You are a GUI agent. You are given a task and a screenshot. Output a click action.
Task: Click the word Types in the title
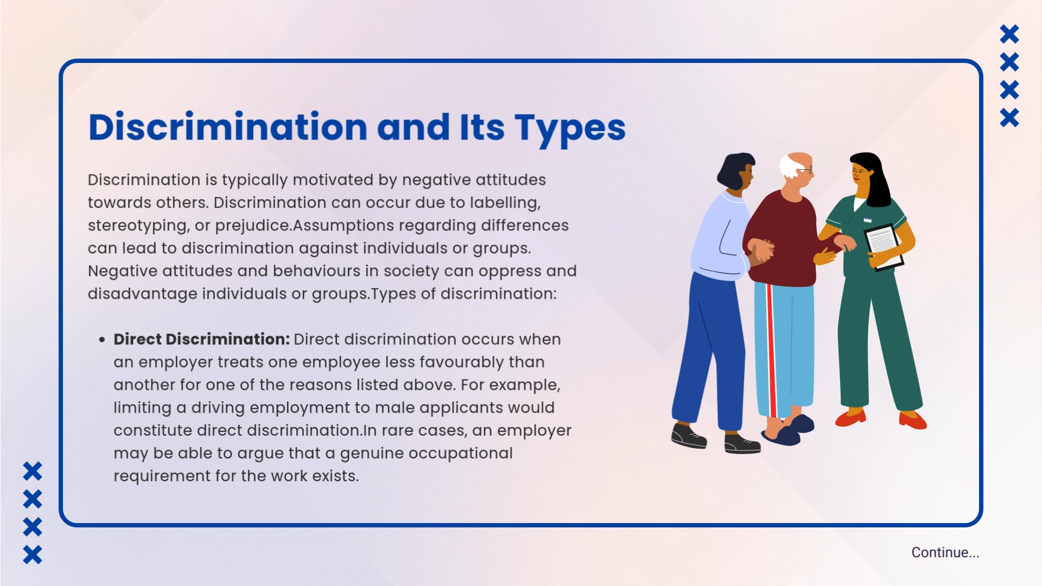pos(570,129)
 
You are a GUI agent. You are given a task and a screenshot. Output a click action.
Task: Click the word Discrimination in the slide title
pos(228,127)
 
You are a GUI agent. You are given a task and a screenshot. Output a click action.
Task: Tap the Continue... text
pos(945,552)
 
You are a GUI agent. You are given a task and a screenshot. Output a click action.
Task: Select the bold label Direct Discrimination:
pos(201,339)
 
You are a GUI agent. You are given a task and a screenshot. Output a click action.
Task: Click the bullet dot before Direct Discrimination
pos(102,340)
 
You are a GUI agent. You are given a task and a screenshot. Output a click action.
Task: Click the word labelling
pos(505,203)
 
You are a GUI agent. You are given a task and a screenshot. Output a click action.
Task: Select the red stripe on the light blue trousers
pos(772,350)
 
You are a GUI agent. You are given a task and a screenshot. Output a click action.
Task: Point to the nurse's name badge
pos(867,220)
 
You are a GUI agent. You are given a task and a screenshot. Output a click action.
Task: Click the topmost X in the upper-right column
pos(1009,34)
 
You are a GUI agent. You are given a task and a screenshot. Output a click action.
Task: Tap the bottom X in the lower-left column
pos(33,555)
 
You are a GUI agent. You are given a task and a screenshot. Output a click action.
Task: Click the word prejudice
pos(252,226)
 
